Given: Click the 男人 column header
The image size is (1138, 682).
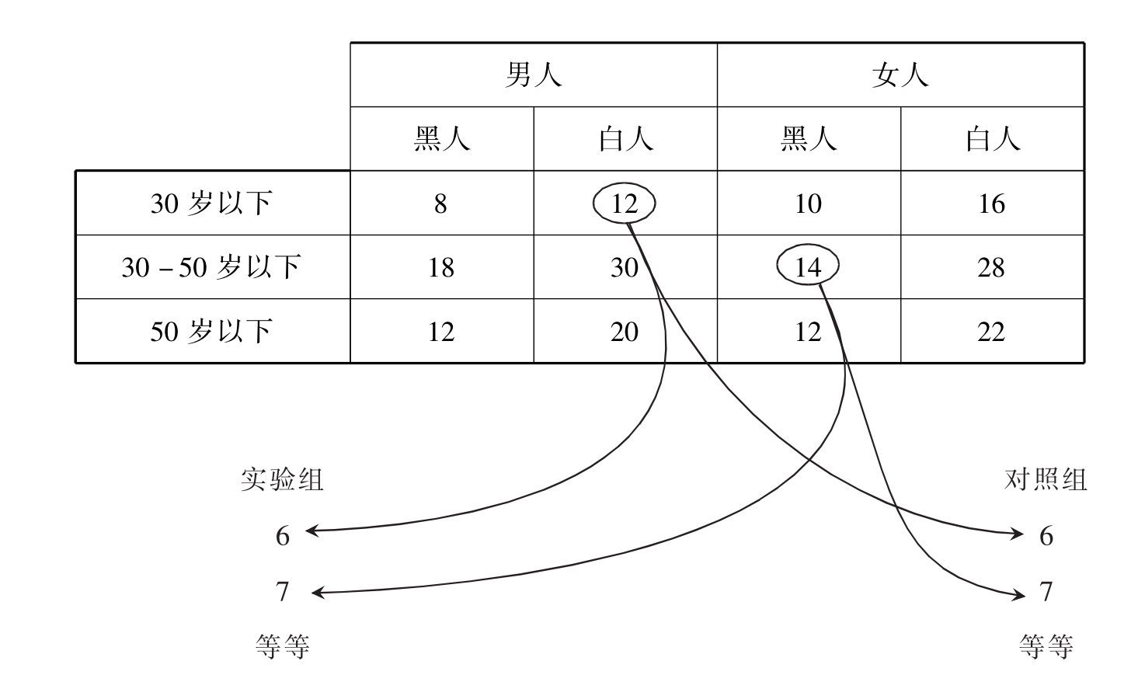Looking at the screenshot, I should tap(533, 75).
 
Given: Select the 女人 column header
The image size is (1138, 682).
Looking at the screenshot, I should tap(900, 75).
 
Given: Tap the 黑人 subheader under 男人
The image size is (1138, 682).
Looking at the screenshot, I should tap(441, 139).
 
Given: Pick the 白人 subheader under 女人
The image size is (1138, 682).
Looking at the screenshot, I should tap(992, 139).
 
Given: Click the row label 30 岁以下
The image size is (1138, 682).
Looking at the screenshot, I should tap(211, 204).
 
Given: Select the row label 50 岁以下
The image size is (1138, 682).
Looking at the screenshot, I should tap(211, 332).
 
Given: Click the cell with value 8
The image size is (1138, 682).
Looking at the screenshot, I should tap(440, 204).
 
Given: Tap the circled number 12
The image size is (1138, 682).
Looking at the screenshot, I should tap(624, 204).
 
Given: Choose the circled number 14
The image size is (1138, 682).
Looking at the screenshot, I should tap(808, 267).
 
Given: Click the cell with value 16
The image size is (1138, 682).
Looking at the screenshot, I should tap(991, 204).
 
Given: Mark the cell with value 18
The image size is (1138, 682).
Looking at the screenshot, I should tap(440, 267).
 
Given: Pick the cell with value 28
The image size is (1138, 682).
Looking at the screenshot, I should tap(991, 267).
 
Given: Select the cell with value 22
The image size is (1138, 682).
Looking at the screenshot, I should tap(991, 332).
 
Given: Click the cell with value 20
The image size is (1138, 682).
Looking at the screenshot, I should tap(624, 332).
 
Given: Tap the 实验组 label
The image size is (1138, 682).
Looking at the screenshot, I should tap(281, 479).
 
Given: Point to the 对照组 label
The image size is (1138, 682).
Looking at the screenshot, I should tap(1045, 479).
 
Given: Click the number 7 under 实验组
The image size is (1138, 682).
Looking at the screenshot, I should tap(283, 592).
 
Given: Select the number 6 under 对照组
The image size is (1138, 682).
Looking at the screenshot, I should tap(1046, 536).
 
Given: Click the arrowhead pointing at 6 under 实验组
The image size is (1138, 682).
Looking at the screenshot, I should tap(311, 531).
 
